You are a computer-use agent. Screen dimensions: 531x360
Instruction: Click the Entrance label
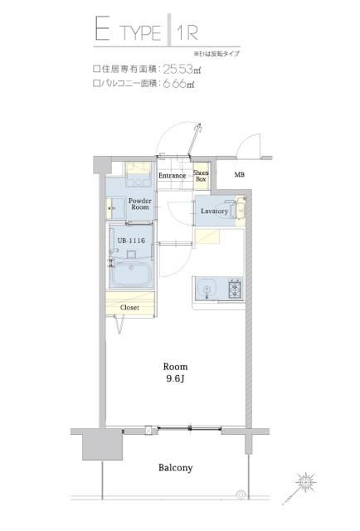[173, 176]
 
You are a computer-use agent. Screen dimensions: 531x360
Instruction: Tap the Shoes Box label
[202, 175]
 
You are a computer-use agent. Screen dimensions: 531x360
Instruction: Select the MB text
[239, 175]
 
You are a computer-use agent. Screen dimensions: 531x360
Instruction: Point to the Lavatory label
[214, 211]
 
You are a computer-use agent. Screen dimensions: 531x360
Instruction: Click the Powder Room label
[139, 204]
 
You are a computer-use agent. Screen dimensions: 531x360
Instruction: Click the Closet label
[129, 308]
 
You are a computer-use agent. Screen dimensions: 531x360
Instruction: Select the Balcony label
[175, 468]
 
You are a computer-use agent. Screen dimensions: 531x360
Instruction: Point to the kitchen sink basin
[207, 289]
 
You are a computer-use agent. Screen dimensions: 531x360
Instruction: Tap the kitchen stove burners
[233, 289]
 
